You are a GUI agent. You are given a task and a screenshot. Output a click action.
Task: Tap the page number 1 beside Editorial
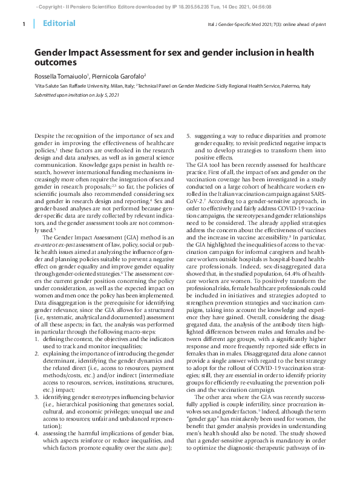(x=23, y=24)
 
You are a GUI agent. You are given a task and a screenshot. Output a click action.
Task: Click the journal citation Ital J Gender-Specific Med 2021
(x=238, y=25)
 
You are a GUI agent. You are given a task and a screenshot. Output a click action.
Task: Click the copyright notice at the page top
(x=180, y=5)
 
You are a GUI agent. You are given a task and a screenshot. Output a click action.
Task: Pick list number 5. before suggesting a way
(x=188, y=137)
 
